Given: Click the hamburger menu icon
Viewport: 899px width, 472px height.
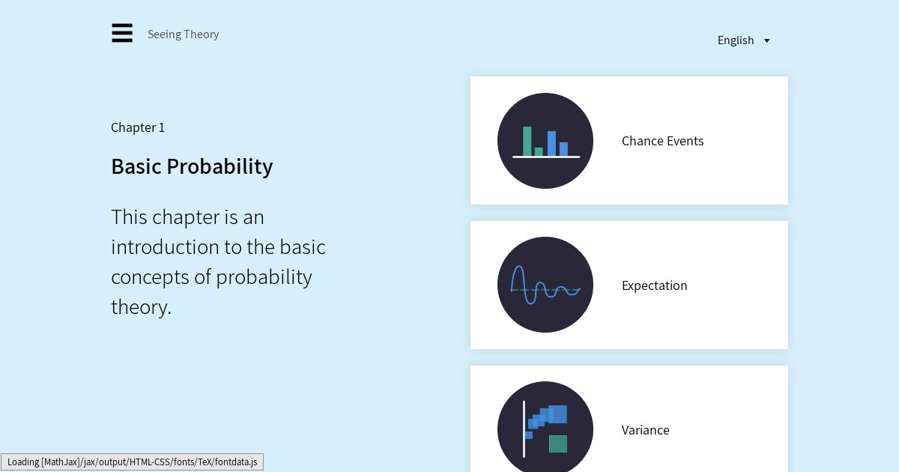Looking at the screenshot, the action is pos(122,33).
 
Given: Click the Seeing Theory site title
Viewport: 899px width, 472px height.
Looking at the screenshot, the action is pos(183,34).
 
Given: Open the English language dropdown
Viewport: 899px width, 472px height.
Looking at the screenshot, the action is pos(744,40).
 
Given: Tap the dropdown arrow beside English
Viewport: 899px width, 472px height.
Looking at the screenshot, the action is pos(766,40).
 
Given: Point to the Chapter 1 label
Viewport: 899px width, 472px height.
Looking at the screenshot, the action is pos(138,127).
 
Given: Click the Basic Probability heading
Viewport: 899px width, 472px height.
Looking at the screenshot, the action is pos(192,166).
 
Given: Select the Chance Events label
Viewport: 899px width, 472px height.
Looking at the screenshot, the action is pos(662,141).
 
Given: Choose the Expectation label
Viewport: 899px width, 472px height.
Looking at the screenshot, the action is pos(655,285).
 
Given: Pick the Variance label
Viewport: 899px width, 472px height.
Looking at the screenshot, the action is pos(645,430).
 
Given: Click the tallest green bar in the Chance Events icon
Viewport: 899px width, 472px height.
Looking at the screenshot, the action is pos(527,141).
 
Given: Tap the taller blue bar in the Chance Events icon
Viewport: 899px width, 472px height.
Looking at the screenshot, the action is pos(551,143).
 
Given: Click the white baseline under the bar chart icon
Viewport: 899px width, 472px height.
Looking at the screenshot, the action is pos(546,157).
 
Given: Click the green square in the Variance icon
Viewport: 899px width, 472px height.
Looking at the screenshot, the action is pos(558,444).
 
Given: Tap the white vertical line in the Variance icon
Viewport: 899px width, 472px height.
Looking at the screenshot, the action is pos(524,429).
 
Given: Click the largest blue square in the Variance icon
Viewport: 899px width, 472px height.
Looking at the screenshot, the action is pos(558,414).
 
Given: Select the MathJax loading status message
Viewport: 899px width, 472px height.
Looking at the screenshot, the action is pos(132,462).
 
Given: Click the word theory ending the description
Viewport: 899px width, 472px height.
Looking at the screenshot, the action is pos(141,307).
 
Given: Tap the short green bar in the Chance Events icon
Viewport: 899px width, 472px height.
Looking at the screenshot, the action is pos(539,151).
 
